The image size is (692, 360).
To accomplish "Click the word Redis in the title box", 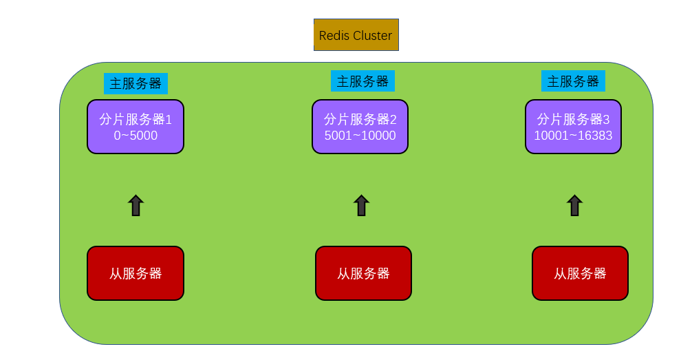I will click(334, 36).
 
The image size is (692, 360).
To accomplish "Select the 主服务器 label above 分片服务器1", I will click(136, 84).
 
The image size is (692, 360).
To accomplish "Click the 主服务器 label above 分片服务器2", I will click(363, 81).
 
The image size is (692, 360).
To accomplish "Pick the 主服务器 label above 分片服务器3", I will click(573, 81).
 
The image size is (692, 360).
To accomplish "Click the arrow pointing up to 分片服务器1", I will click(136, 206).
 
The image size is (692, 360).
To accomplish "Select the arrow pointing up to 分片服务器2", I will click(361, 206).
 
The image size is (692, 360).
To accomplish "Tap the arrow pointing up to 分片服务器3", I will click(574, 206).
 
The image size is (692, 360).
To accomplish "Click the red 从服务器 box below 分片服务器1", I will click(136, 273).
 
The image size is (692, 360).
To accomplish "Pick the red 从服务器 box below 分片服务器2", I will click(363, 273).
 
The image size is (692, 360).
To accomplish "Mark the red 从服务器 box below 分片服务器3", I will click(580, 273).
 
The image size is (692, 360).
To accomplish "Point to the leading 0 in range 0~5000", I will click(117, 136).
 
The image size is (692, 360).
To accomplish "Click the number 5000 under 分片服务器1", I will click(144, 136).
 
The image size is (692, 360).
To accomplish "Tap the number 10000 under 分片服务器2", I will click(379, 136).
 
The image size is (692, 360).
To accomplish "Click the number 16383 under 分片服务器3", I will click(595, 136).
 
